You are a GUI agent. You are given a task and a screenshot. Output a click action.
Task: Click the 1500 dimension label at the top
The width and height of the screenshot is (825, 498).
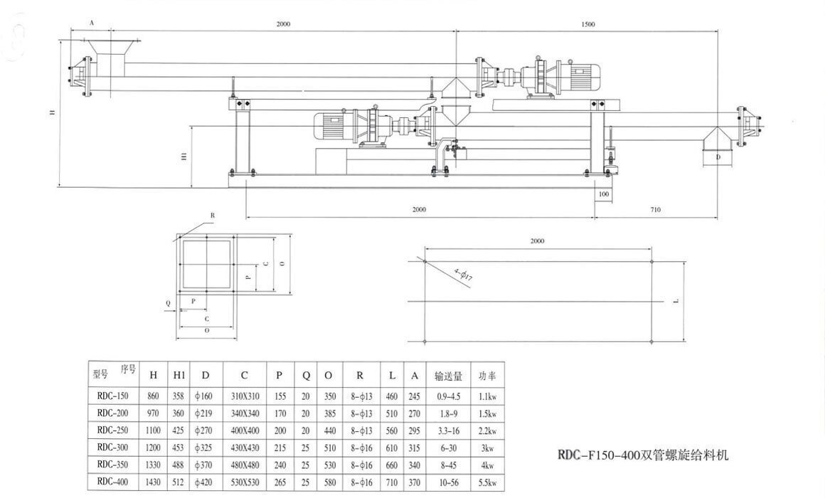pos(587,25)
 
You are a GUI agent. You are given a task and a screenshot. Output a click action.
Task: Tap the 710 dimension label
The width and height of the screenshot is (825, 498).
pos(655,210)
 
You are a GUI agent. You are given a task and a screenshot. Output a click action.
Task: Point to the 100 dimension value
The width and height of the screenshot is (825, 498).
pos(604,194)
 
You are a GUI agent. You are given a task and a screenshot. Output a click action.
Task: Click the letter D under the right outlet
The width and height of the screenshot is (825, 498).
pos(718,157)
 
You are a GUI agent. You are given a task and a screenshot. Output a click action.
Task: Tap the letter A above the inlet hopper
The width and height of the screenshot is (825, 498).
pos(92,23)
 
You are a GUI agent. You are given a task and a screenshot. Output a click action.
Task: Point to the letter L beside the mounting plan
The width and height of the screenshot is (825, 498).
pos(676,302)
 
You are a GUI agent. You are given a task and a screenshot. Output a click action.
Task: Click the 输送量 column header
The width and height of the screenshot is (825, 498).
pos(449,375)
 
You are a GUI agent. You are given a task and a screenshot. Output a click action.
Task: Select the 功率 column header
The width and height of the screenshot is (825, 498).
pos(487,375)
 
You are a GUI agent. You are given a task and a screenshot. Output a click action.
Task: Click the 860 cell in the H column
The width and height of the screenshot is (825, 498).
pos(153,396)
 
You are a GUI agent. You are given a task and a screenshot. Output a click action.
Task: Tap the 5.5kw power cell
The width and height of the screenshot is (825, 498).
pos(487,482)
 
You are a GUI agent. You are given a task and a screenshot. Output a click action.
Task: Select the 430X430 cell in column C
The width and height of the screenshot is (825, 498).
pos(244,447)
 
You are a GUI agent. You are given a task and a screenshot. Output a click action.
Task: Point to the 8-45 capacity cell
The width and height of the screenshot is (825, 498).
pos(449,465)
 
